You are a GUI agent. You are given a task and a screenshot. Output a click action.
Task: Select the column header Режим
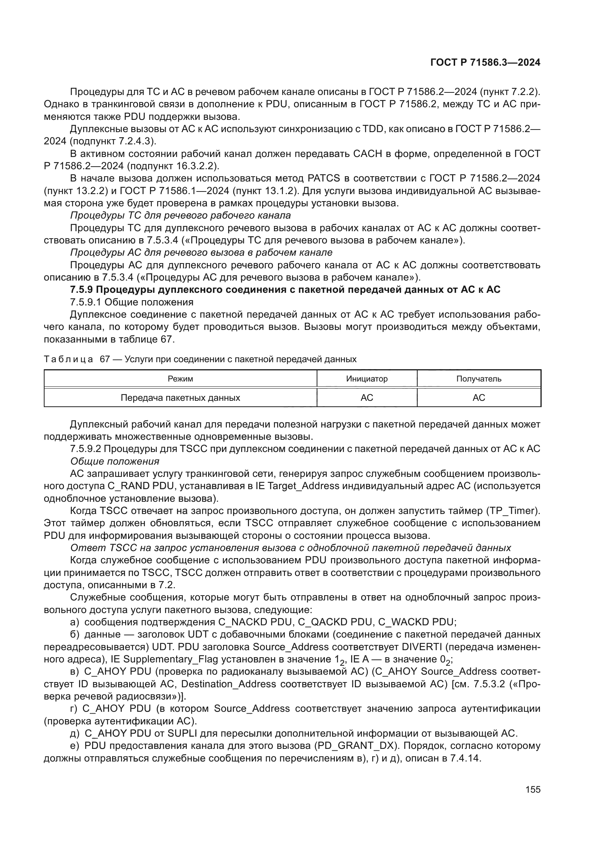click(x=180, y=379)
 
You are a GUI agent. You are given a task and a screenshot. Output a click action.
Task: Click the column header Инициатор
click(x=367, y=379)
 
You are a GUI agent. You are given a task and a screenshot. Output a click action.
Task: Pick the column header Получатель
click(x=479, y=379)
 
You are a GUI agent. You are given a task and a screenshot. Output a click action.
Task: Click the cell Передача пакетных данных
click(x=180, y=398)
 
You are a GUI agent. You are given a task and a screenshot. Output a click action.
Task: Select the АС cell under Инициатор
click(x=367, y=398)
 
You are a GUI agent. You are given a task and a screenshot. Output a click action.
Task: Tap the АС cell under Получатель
click(x=479, y=398)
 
